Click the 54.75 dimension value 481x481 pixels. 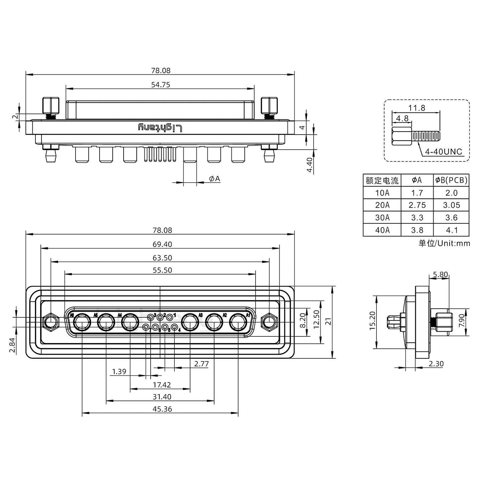[161, 85]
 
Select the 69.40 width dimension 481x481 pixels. [162, 244]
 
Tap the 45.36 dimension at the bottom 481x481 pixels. [162, 409]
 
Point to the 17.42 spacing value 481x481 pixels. [162, 385]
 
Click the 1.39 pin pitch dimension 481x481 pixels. [119, 371]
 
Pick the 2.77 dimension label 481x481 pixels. [201, 364]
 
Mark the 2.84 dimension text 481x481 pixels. [12, 345]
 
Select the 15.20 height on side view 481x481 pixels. [373, 321]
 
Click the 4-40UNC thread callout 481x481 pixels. [443, 152]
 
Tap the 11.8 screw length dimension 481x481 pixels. [417, 108]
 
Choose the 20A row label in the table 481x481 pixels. [382, 205]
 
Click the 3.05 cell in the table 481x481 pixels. [451, 205]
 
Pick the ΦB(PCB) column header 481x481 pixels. [451, 180]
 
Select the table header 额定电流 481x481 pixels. [382, 181]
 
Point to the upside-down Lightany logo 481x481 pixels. [161, 128]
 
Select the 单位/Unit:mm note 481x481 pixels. [444, 243]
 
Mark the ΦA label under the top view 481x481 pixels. [214, 179]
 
